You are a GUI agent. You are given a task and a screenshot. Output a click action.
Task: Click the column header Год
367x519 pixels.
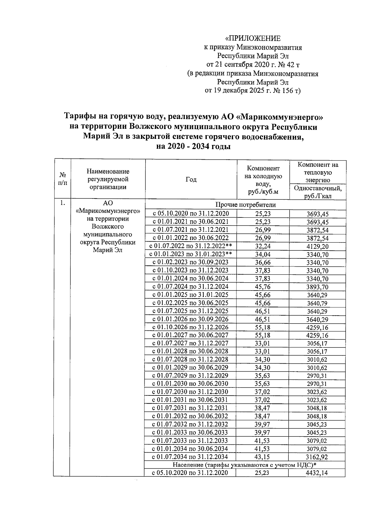coord(191,180)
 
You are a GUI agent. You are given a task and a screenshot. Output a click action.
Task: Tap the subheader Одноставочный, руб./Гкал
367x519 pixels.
coord(317,192)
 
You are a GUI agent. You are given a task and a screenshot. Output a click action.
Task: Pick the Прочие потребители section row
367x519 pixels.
coord(245,205)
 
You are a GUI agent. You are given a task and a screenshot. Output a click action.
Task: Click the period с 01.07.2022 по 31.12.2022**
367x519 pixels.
coord(191,246)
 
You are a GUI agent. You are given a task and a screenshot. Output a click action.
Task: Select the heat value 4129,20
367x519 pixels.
coord(317,246)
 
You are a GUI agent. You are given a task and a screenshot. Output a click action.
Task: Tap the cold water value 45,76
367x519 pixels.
coord(263,287)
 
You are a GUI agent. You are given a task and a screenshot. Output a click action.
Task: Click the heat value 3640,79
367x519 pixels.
coord(317,303)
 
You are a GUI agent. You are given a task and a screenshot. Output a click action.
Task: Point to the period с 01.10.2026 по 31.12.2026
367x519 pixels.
coord(191,327)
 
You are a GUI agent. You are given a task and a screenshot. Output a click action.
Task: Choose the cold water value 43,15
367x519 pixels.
coord(263,457)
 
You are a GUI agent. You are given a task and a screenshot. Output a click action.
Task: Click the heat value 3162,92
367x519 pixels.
coord(317,457)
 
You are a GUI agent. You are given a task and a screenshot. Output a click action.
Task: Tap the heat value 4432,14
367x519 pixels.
coord(317,473)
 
